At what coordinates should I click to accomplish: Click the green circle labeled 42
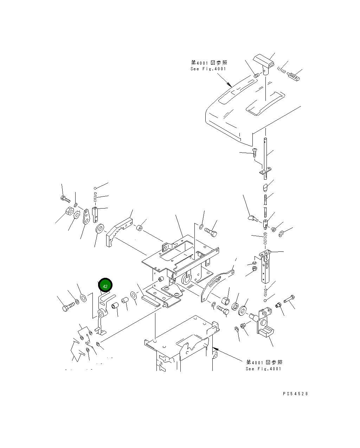tap(105, 285)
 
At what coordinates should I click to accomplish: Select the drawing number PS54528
tap(295, 393)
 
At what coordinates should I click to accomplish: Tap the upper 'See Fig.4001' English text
tap(208, 69)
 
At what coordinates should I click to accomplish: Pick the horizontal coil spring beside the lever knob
tap(282, 70)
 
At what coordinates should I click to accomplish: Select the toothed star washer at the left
tap(77, 215)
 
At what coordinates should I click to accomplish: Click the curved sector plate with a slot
tap(217, 285)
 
